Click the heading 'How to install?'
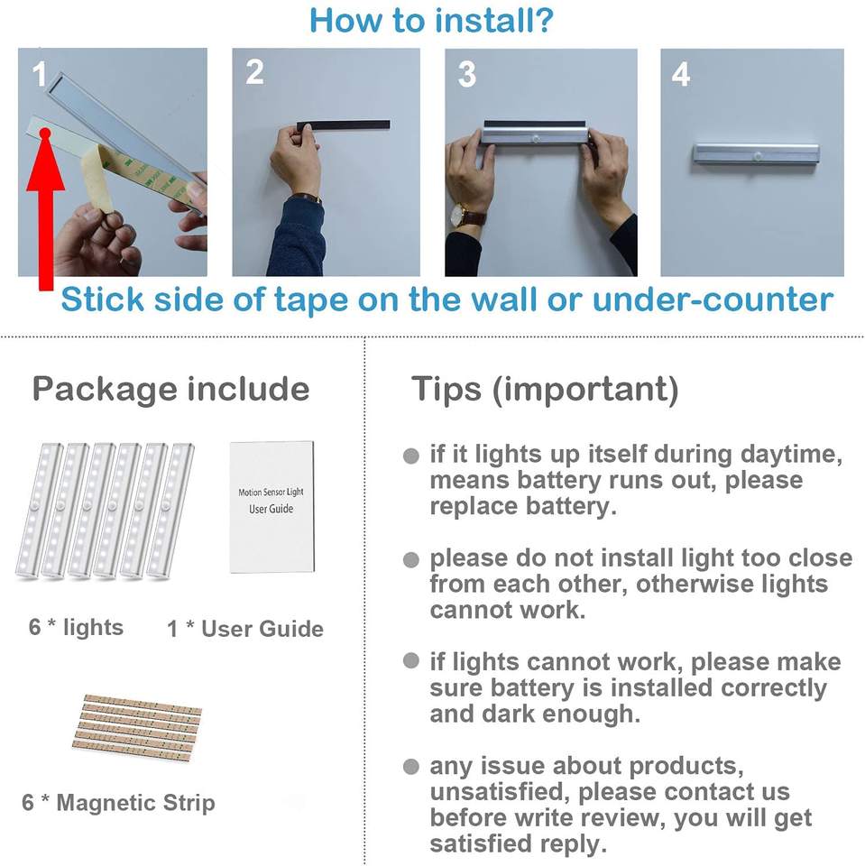click(431, 21)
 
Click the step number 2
click(254, 72)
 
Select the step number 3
click(466, 75)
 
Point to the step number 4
click(680, 74)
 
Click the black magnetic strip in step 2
click(343, 125)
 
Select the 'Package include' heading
click(170, 391)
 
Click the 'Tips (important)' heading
click(545, 390)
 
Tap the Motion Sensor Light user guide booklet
click(271, 506)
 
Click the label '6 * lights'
click(77, 628)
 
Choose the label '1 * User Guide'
click(245, 629)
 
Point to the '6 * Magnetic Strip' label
click(119, 803)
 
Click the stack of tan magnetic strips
click(137, 727)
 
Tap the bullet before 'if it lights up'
click(411, 456)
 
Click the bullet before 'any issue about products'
click(411, 767)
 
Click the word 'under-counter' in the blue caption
click(713, 300)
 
